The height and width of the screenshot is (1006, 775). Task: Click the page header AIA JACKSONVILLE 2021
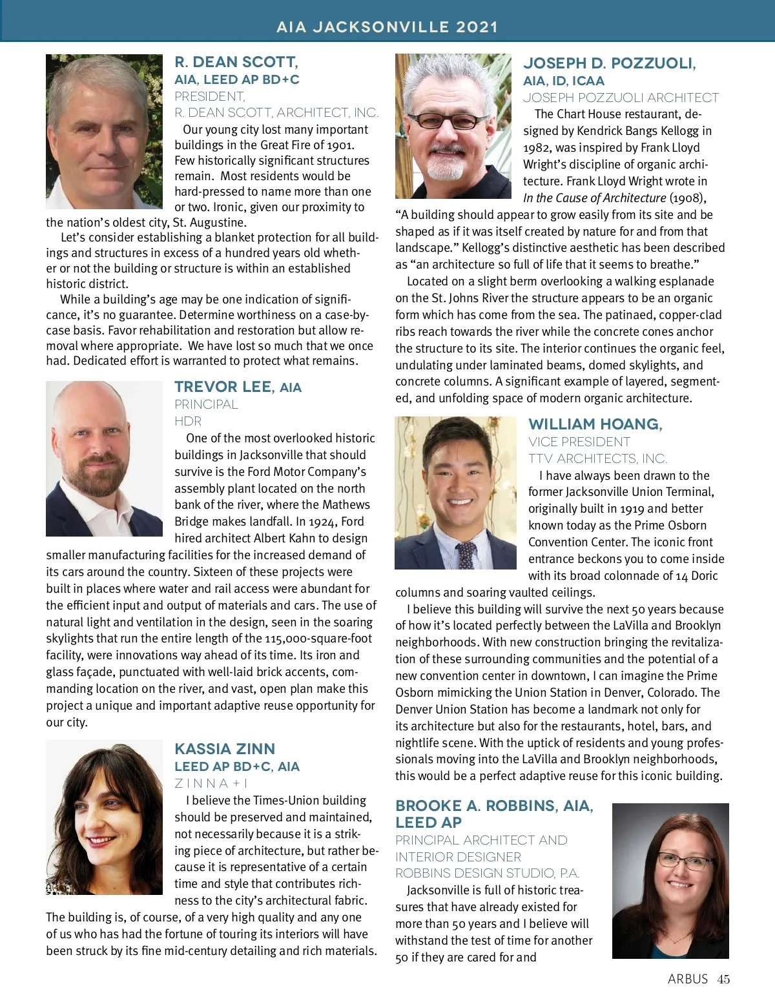coord(387,27)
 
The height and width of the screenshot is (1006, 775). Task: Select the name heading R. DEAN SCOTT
coord(236,63)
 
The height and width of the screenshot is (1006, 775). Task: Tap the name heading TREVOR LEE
coord(223,387)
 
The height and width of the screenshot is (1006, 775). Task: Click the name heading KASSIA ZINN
coord(225,749)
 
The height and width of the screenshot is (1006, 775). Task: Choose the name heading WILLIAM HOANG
coord(595,424)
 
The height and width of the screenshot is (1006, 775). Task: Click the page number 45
coord(723,979)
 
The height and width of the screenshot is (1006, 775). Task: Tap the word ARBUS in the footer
coord(688,979)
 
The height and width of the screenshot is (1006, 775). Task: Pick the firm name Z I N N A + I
coord(211,783)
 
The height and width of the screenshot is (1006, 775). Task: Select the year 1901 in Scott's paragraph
coord(340,145)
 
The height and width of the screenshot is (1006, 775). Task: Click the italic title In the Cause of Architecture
coord(594,198)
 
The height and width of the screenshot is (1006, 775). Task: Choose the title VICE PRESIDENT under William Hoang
coord(579,442)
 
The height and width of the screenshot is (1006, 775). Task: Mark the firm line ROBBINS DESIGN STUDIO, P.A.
coord(488,873)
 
